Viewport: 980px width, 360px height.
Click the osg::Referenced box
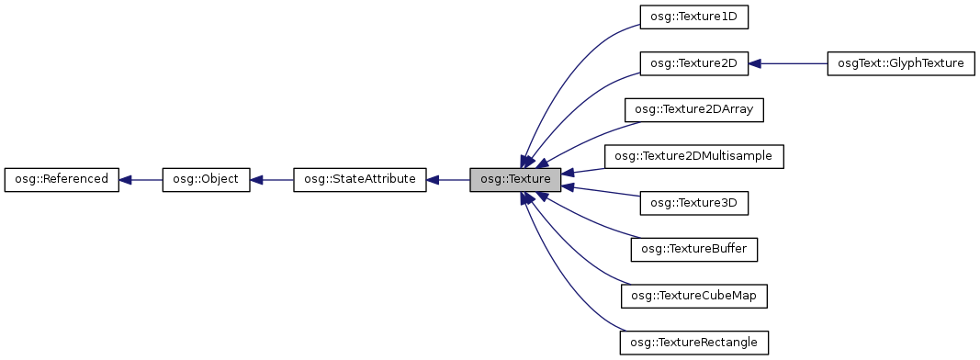coord(62,180)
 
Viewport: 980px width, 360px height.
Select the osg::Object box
coord(206,180)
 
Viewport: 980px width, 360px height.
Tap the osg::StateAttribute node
coord(359,180)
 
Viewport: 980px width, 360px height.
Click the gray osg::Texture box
coord(514,180)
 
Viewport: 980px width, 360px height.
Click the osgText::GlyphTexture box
coord(900,63)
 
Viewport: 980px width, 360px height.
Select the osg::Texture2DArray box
coord(694,109)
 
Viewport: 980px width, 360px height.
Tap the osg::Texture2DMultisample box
coord(694,156)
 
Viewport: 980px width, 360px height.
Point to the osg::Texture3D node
coord(694,202)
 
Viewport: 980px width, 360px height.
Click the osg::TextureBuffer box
coord(694,249)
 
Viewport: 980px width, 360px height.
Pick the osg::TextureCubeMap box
coord(694,296)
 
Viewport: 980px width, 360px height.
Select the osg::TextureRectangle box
coord(694,343)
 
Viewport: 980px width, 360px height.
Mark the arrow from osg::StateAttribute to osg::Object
coord(272,180)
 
